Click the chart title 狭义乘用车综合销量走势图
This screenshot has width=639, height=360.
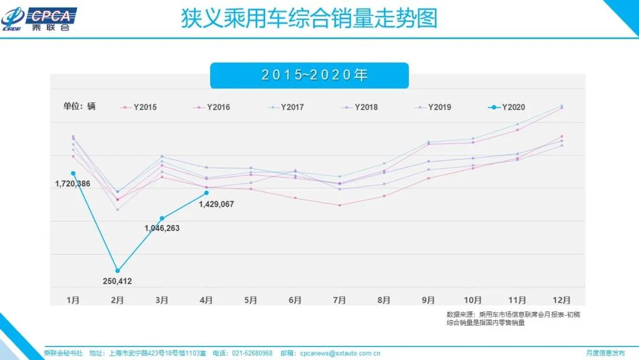coord(309,18)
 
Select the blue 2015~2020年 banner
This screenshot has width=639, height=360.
coord(309,75)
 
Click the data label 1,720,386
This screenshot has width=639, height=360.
coord(72,184)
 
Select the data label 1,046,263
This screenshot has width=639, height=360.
coord(162,228)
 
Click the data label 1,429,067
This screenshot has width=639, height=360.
coord(217,204)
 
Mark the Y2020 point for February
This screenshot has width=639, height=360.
coord(118,271)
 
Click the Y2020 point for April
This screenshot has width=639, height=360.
coord(206,192)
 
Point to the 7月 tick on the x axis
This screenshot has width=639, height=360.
coord(339,300)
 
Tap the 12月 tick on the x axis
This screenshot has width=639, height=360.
coord(561,300)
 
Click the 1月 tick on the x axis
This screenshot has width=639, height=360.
coord(73,300)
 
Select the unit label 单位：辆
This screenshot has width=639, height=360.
coord(79,107)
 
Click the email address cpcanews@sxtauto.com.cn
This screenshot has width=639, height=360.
coord(338,353)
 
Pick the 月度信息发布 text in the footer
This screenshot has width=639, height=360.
coord(605,353)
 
